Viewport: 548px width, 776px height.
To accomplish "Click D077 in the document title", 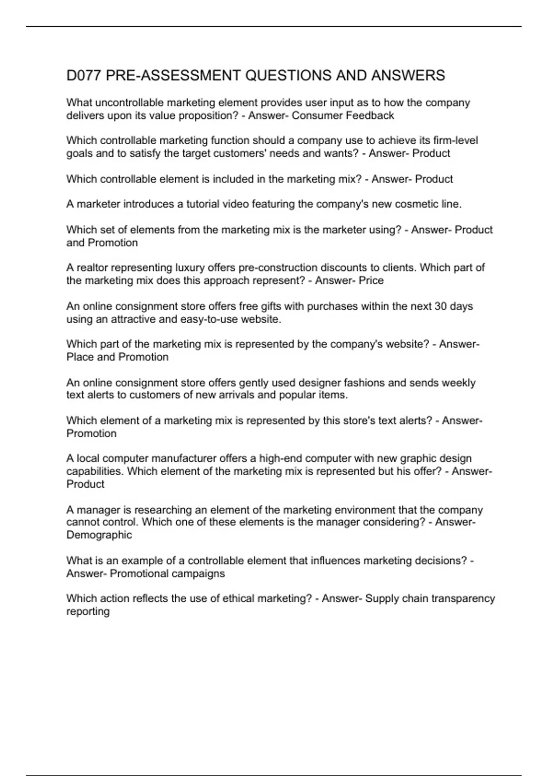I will coord(84,75).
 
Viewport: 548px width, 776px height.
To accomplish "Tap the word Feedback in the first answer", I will coord(369,115).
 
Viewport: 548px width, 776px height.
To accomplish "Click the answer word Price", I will coord(371,280).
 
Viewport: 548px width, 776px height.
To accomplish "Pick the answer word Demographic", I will coord(99,535).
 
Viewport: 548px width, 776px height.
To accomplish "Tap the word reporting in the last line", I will coord(88,612).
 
